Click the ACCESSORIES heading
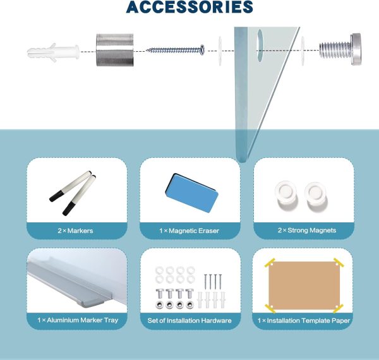pyautogui.click(x=189, y=7)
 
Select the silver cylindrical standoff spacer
pyautogui.click(x=115, y=50)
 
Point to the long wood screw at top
pyautogui.click(x=176, y=50)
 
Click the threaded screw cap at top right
pyautogui.click(x=340, y=49)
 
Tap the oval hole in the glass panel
pyautogui.click(x=260, y=45)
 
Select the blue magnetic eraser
pyautogui.click(x=192, y=193)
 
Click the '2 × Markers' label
pyautogui.click(x=75, y=231)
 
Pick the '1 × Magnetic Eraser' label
pyautogui.click(x=189, y=231)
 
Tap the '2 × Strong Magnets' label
pyautogui.click(x=307, y=231)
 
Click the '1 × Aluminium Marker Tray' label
pyautogui.click(x=78, y=320)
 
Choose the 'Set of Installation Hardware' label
pyautogui.click(x=189, y=321)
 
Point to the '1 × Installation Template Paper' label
pyautogui.click(x=304, y=321)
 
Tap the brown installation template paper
pyautogui.click(x=304, y=285)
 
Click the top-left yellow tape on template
pyautogui.click(x=270, y=263)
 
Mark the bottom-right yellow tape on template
pyautogui.click(x=338, y=308)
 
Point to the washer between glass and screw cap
pyautogui.click(x=303, y=51)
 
